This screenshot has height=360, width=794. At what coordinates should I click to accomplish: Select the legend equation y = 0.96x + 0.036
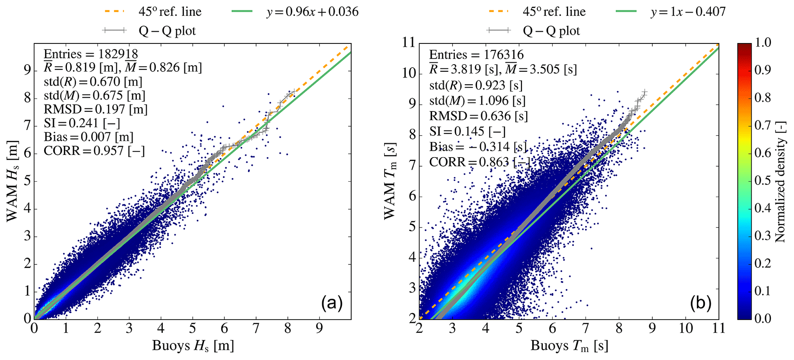312,12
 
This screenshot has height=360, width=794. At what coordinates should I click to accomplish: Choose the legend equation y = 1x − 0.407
688,12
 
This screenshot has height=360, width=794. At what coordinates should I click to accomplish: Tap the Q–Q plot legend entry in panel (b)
551,31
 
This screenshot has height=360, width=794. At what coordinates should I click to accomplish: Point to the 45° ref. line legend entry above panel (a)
170,12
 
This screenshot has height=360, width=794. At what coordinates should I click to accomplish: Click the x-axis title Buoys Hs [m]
193,346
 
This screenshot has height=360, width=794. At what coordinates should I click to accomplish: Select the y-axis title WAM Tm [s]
391,181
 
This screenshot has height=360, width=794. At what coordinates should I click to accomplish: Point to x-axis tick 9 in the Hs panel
319,329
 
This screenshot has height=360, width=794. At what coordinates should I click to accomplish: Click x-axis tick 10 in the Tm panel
686,329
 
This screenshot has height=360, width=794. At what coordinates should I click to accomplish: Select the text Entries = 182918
91,54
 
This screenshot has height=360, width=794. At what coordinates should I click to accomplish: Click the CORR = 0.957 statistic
94,151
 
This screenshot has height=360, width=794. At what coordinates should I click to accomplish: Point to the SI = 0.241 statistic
82,123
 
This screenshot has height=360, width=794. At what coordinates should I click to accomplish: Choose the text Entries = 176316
476,55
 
